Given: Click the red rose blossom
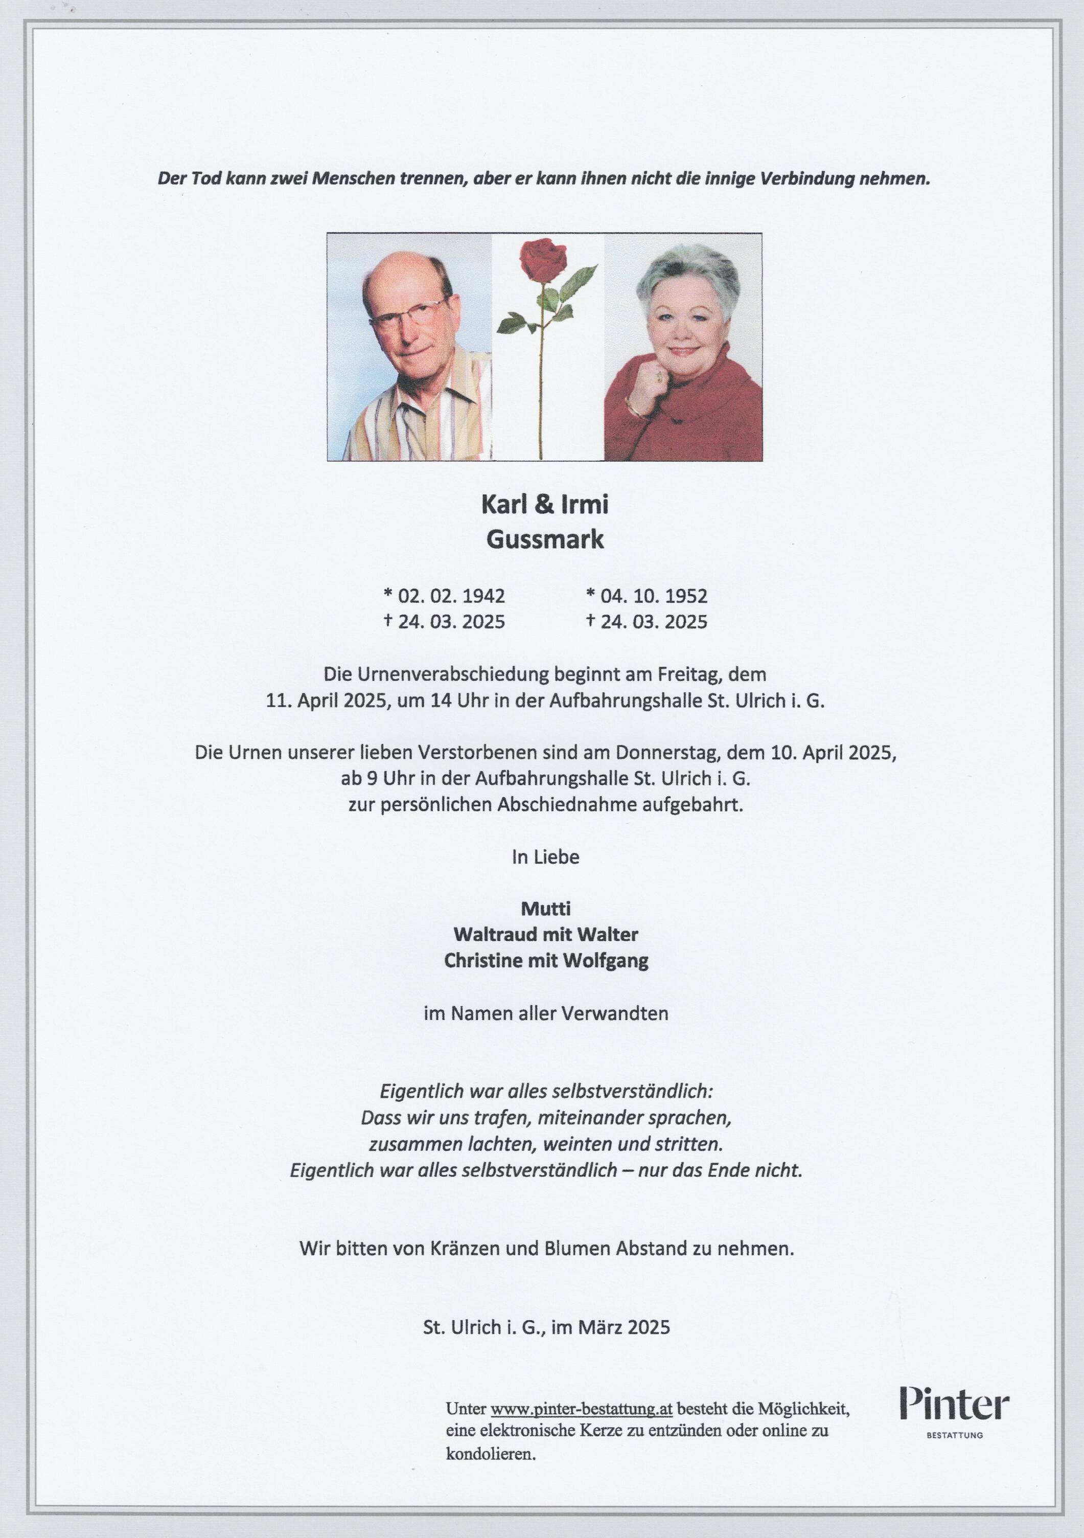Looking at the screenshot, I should (543, 261).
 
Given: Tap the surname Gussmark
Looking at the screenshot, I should (544, 539).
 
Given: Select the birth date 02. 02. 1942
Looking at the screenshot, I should (451, 596).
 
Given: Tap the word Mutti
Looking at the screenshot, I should (546, 909).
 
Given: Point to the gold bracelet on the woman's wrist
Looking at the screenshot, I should (633, 406).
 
